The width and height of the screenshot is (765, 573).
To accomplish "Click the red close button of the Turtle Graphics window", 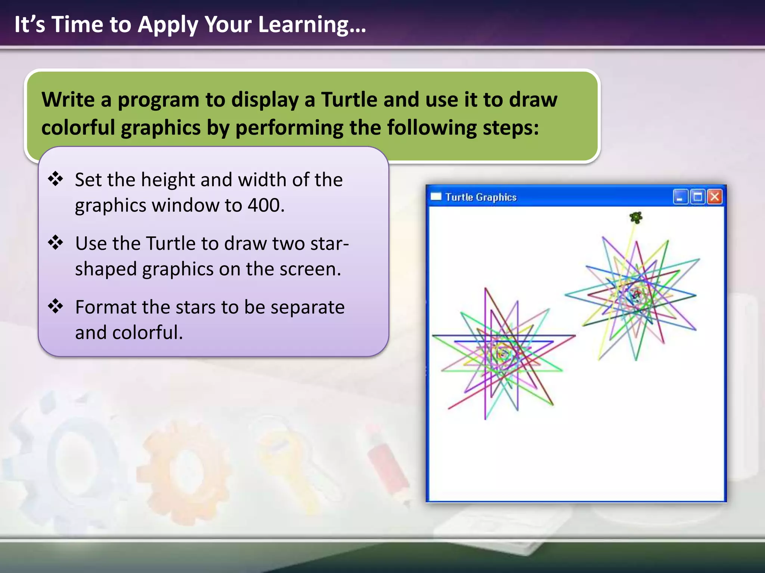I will point(715,197).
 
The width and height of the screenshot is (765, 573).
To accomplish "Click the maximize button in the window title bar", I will point(697,197).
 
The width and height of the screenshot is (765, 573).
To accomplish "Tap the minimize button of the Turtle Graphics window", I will point(680,197).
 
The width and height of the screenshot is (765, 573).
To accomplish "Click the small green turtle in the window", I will point(636,217).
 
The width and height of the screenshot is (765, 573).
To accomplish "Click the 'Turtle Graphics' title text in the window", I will point(481,197).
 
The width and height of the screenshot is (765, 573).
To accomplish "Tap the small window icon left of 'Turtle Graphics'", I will point(436,196).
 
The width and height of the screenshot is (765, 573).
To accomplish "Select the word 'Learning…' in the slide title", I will point(312,25).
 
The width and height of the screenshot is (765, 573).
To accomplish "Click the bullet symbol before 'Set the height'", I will point(56,179).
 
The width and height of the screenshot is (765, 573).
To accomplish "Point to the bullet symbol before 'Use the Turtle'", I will point(56,242).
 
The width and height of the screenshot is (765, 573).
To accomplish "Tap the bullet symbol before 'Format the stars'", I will point(56,306).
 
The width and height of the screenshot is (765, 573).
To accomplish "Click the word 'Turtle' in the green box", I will point(349,100).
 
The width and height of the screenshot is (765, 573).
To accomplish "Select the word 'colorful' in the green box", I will point(78,128).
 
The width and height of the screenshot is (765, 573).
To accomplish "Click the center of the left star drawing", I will point(502,353).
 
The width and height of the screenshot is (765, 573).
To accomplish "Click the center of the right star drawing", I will point(635,295).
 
